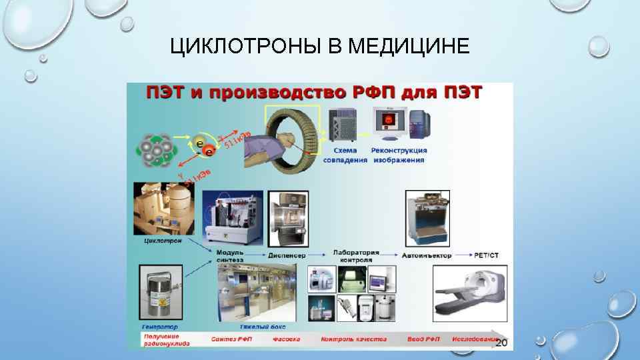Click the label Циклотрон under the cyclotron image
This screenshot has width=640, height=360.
(x=163, y=240)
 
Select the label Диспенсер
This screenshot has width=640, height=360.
(x=287, y=255)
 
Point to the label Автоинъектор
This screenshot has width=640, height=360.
(x=427, y=255)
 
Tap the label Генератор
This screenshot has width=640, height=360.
(x=160, y=327)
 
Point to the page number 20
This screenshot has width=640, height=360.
(x=501, y=342)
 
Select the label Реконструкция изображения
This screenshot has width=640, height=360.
(x=400, y=155)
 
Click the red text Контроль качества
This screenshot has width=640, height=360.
(x=353, y=339)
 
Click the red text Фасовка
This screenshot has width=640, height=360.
(x=286, y=339)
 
